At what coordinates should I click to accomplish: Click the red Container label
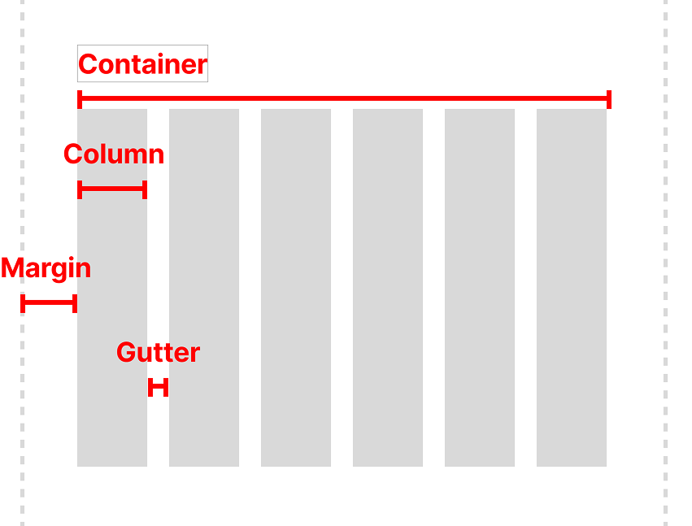pyautogui.click(x=142, y=64)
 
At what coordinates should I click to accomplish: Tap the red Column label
pyautogui.click(x=114, y=154)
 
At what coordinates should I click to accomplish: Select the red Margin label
pyautogui.click(x=46, y=268)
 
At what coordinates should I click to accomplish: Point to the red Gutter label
pyautogui.click(x=158, y=353)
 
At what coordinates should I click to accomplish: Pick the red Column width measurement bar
pyautogui.click(x=112, y=189)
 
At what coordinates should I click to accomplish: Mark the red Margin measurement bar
pyautogui.click(x=49, y=303)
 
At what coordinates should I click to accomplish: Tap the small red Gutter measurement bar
pyautogui.click(x=158, y=388)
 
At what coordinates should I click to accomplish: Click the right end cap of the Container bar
pyautogui.click(x=608, y=99)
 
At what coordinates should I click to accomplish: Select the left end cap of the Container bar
pyautogui.click(x=80, y=99)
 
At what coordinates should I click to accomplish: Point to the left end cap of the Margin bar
pyautogui.click(x=23, y=303)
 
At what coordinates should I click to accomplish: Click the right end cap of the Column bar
pyautogui.click(x=144, y=189)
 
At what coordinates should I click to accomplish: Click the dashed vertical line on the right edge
pyautogui.click(x=665, y=260)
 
